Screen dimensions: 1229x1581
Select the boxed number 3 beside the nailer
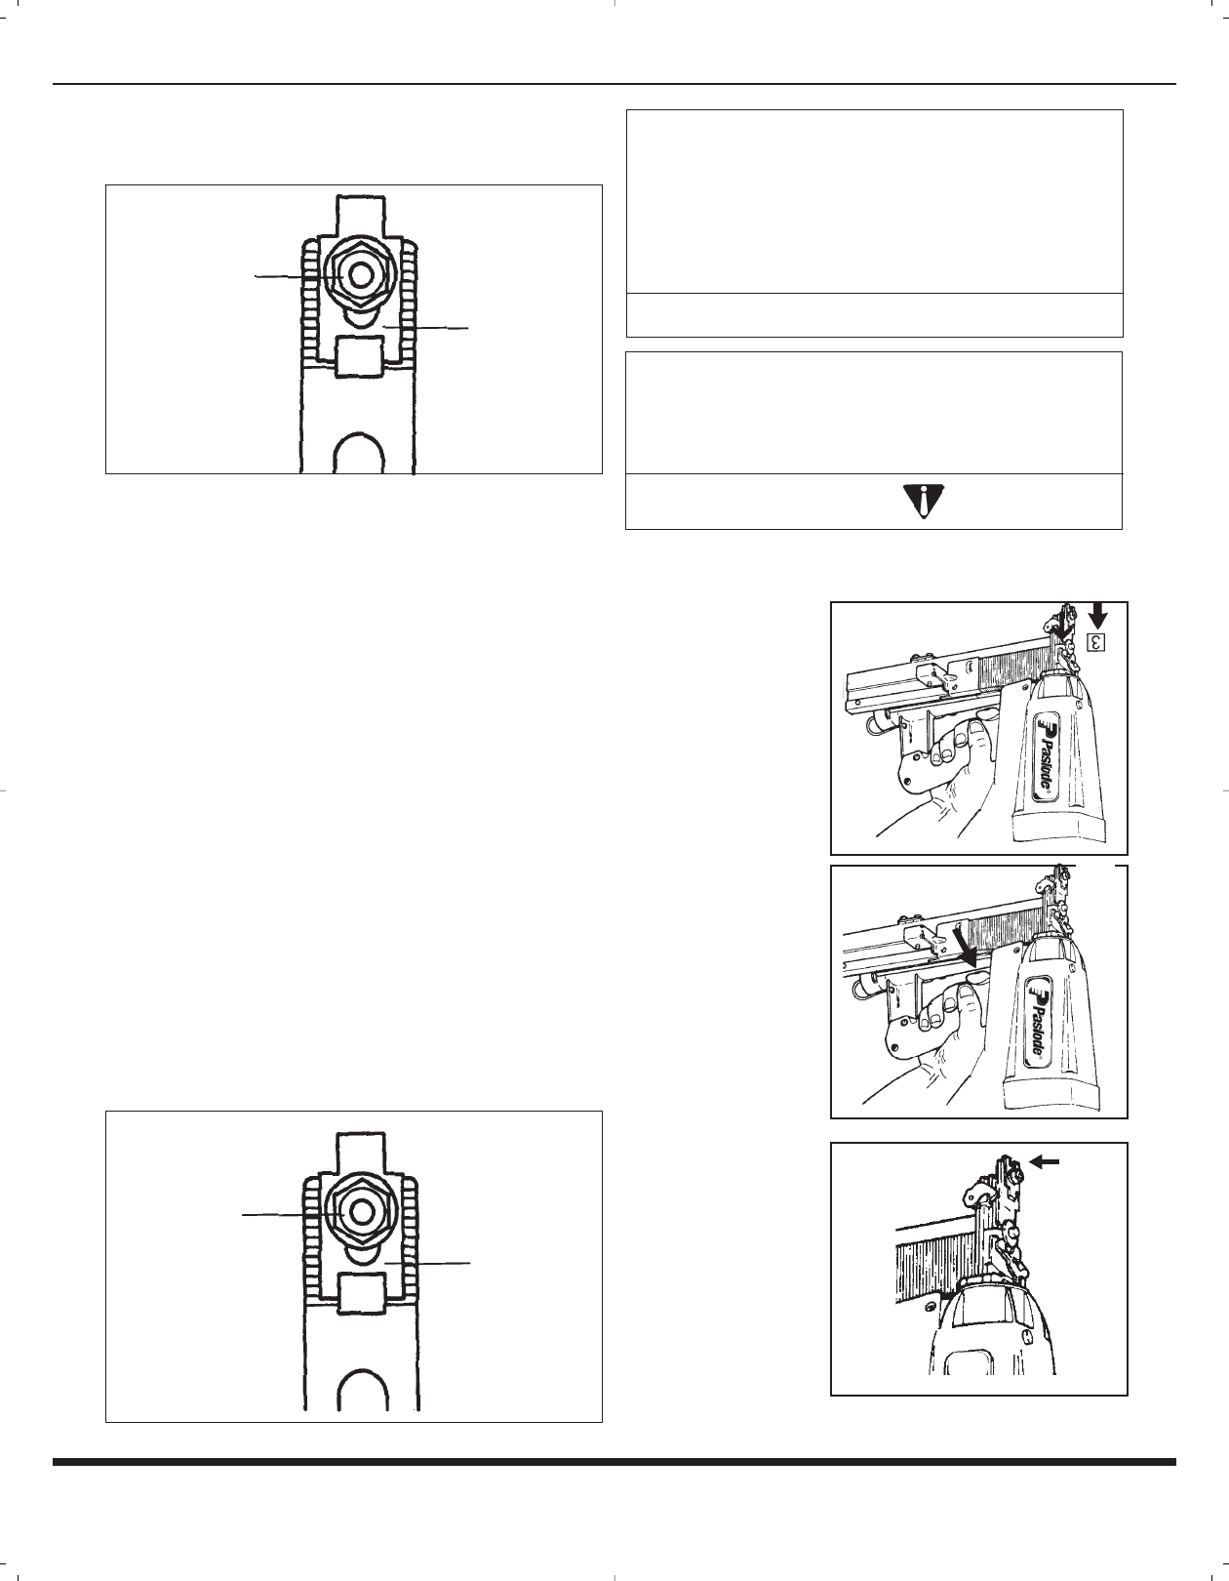[1096, 642]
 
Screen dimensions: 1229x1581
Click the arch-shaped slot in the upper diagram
[357, 452]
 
